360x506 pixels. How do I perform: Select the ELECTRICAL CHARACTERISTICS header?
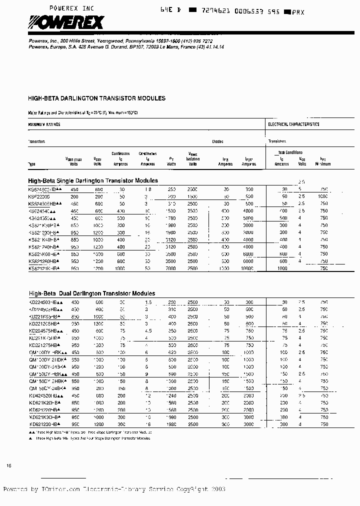point(293,124)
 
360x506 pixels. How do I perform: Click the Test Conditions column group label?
point(290,152)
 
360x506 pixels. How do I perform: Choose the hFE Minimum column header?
point(323,161)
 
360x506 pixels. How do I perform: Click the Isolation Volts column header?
point(192,159)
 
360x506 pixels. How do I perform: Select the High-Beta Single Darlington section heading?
point(93,180)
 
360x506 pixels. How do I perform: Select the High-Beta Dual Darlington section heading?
point(91,293)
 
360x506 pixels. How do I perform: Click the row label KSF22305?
point(39,197)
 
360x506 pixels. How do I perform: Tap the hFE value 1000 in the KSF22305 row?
point(323,197)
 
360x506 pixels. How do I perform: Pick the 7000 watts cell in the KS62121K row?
point(171,268)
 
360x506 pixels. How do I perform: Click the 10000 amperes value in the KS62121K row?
point(247,268)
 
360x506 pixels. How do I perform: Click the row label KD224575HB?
point(44,331)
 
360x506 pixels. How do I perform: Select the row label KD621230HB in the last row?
point(44,424)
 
